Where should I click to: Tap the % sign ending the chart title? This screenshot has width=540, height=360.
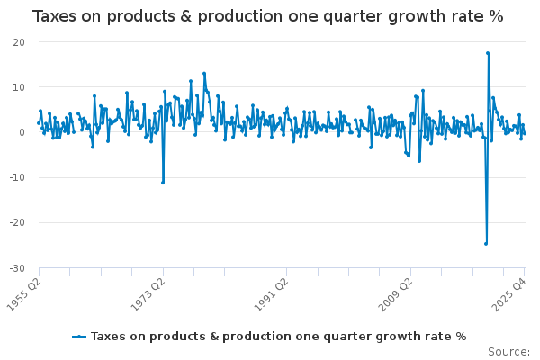click(x=496, y=17)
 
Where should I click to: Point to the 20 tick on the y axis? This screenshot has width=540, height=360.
click(x=19, y=42)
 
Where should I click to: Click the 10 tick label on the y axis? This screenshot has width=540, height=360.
click(x=19, y=87)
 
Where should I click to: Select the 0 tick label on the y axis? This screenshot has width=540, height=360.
click(x=22, y=132)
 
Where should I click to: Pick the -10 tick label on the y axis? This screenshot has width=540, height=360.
click(x=17, y=177)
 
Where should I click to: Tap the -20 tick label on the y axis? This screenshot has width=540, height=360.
click(x=17, y=223)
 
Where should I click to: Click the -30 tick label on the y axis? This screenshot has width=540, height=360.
click(x=17, y=268)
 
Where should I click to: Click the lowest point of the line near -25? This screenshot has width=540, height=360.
click(x=485, y=243)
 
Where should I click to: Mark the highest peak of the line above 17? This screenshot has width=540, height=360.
click(x=488, y=53)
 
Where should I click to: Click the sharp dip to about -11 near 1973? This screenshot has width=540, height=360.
click(x=163, y=183)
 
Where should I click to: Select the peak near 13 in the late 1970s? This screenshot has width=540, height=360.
click(x=204, y=74)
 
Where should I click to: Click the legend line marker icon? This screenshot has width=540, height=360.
click(x=79, y=336)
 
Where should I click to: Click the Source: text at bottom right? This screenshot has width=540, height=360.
click(x=508, y=351)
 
